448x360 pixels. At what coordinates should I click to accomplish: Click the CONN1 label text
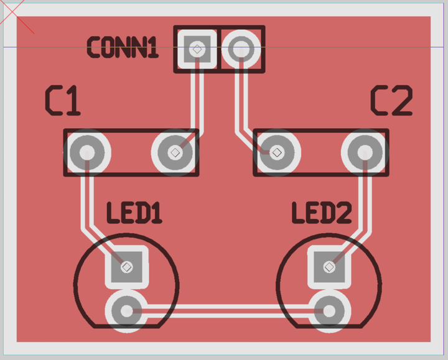(x=122, y=48)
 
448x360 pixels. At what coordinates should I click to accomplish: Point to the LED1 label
(x=134, y=213)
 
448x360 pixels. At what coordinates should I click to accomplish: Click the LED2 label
(x=321, y=213)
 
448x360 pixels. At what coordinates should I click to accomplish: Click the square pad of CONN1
(x=197, y=49)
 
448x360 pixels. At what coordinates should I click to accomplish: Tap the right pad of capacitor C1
(x=175, y=152)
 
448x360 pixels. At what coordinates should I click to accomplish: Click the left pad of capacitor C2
(x=276, y=152)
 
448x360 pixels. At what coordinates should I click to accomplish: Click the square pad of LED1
(x=127, y=267)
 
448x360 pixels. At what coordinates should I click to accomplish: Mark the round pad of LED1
(x=126, y=310)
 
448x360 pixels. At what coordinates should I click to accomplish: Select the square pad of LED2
(x=329, y=267)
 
